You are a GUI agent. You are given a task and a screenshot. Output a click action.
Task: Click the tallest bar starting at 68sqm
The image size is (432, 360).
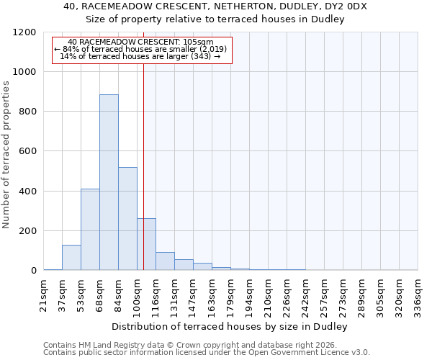point(109,182)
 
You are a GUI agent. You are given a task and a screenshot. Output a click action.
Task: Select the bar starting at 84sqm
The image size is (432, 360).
point(127,219)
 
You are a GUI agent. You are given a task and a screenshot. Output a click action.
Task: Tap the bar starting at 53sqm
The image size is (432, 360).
point(90,229)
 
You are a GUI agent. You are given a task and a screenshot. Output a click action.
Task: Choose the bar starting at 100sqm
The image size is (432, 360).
point(146,244)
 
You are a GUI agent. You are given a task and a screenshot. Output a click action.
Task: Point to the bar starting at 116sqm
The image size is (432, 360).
point(165,261)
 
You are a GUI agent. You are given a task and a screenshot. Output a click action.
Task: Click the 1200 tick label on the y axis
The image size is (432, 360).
point(26,32)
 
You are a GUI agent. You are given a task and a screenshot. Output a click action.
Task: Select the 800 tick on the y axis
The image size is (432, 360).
point(29,112)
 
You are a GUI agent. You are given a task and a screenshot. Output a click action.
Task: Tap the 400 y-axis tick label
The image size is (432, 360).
point(29,192)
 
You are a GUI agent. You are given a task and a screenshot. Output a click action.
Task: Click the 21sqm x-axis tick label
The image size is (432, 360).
point(44,294)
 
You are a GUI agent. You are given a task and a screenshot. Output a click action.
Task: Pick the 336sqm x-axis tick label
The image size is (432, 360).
point(418,294)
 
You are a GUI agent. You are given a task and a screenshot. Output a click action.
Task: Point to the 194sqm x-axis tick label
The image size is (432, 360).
point(249,294)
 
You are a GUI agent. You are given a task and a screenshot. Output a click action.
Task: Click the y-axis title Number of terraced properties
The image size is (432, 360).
point(6,154)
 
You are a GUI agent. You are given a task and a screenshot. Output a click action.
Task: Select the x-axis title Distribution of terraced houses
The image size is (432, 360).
point(230,327)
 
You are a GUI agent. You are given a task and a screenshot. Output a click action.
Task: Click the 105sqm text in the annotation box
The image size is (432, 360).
point(198,42)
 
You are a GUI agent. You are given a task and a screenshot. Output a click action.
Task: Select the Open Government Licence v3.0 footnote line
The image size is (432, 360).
point(206,353)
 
